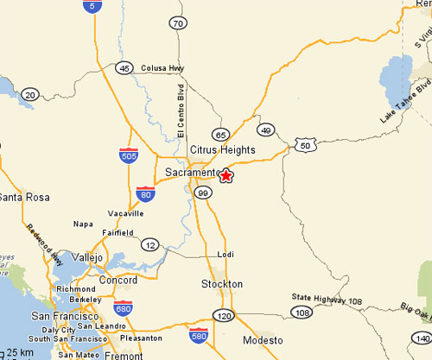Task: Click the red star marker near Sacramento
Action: (226, 175)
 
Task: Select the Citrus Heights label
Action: (223, 150)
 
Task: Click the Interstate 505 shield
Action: (128, 155)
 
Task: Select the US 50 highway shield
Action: (303, 146)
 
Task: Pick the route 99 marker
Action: (203, 192)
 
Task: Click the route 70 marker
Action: (178, 23)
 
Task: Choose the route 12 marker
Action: (149, 244)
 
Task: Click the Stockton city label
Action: (222, 284)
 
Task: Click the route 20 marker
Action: (31, 94)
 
